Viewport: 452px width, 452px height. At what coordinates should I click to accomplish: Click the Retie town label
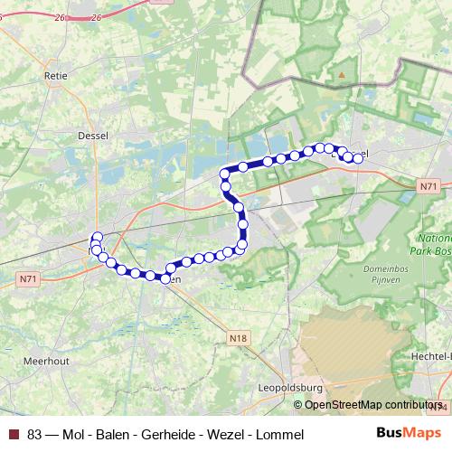pyautogui.click(x=56, y=77)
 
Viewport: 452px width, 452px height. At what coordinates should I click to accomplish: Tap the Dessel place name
pyautogui.click(x=94, y=136)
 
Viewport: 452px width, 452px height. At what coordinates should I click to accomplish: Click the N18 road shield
pyautogui.click(x=238, y=338)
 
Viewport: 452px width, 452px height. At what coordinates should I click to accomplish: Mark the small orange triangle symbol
pyautogui.click(x=342, y=75)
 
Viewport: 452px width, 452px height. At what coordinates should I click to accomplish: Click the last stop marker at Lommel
pyautogui.click(x=358, y=158)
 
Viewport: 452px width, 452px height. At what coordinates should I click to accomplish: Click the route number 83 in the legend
pyautogui.click(x=34, y=434)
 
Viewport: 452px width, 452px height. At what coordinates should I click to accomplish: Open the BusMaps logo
pyautogui.click(x=409, y=433)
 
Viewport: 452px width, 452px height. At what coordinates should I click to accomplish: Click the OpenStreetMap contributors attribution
pyautogui.click(x=374, y=404)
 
